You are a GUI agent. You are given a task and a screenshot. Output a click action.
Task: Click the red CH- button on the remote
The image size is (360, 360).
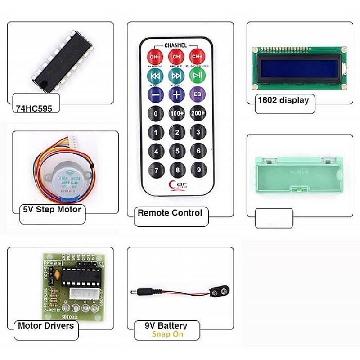click(155, 57)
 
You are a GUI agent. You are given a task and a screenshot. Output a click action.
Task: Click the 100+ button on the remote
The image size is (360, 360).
click(177, 113)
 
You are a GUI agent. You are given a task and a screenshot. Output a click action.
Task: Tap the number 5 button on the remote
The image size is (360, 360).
click(177, 151)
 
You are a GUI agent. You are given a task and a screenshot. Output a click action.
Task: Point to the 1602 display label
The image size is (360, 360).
click(283, 100)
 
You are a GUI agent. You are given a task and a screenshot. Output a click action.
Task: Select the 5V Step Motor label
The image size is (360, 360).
click(52, 209)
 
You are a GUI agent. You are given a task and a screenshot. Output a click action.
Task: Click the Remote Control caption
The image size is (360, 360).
click(170, 212)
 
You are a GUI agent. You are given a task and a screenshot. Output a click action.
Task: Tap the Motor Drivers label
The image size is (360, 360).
click(46, 325)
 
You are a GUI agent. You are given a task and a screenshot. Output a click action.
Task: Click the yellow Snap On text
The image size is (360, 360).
click(167, 334)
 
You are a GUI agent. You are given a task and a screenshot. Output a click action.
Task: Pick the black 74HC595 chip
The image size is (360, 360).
click(62, 60)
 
